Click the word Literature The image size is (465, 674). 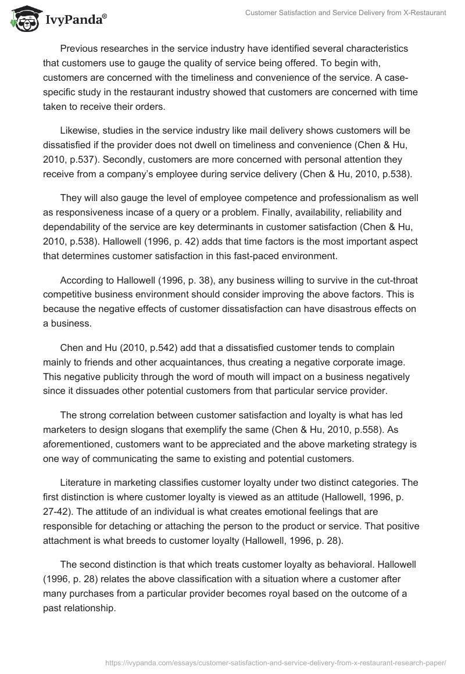click(x=81, y=486)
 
